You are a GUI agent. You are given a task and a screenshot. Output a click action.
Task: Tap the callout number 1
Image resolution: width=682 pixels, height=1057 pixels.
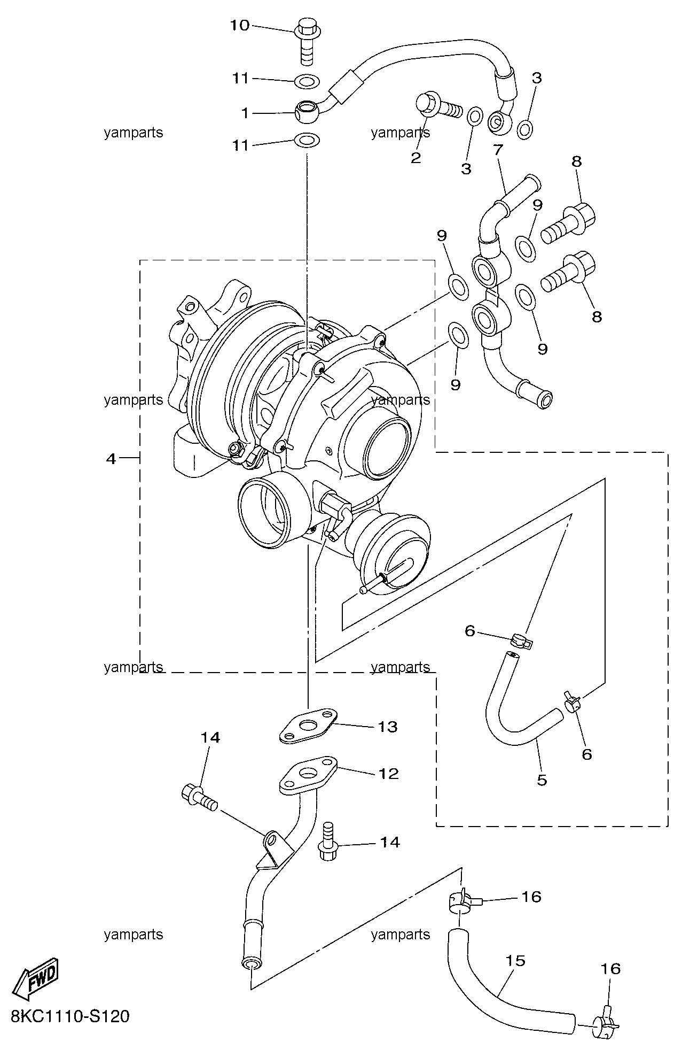(245, 113)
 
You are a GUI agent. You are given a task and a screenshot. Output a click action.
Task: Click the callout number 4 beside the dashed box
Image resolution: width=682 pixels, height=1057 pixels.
(111, 458)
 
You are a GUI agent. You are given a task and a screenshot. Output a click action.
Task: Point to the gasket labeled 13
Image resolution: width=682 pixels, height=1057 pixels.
(308, 726)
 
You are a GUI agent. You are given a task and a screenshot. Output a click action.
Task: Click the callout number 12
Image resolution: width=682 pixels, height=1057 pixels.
(388, 774)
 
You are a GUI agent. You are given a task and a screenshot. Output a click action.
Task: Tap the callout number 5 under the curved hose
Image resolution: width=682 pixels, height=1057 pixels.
(542, 780)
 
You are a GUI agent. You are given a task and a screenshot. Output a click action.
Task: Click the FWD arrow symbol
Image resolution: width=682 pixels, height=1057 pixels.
(36, 978)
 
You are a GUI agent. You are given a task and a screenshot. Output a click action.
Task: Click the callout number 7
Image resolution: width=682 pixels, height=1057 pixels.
(498, 150)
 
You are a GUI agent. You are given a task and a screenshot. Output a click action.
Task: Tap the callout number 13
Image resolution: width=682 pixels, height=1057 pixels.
(388, 727)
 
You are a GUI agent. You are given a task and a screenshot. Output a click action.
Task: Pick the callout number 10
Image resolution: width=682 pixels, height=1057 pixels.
(240, 25)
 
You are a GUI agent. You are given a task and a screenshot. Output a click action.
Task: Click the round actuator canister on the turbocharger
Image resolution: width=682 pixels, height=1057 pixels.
(391, 554)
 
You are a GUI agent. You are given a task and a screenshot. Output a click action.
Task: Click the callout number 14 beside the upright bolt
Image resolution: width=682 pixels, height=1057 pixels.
(390, 842)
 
